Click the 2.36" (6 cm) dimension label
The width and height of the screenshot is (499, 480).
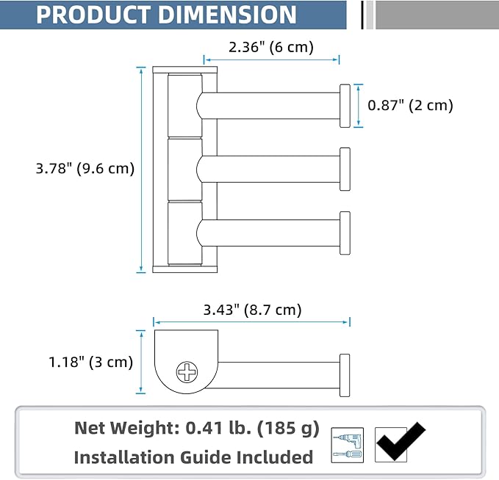[x=271, y=48]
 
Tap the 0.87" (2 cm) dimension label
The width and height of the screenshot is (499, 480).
[x=410, y=106]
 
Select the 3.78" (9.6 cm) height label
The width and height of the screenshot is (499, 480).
[x=85, y=169]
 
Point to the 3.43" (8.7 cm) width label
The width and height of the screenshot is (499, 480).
[x=252, y=310]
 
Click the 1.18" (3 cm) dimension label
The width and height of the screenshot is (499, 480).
[x=90, y=362]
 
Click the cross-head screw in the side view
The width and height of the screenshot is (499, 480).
[x=187, y=372]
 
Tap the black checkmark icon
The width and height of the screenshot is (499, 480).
[x=401, y=442]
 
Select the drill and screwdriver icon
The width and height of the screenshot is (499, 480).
[x=347, y=445]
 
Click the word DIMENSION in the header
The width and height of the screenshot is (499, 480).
[x=227, y=15]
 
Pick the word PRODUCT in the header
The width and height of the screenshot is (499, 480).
[x=93, y=15]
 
